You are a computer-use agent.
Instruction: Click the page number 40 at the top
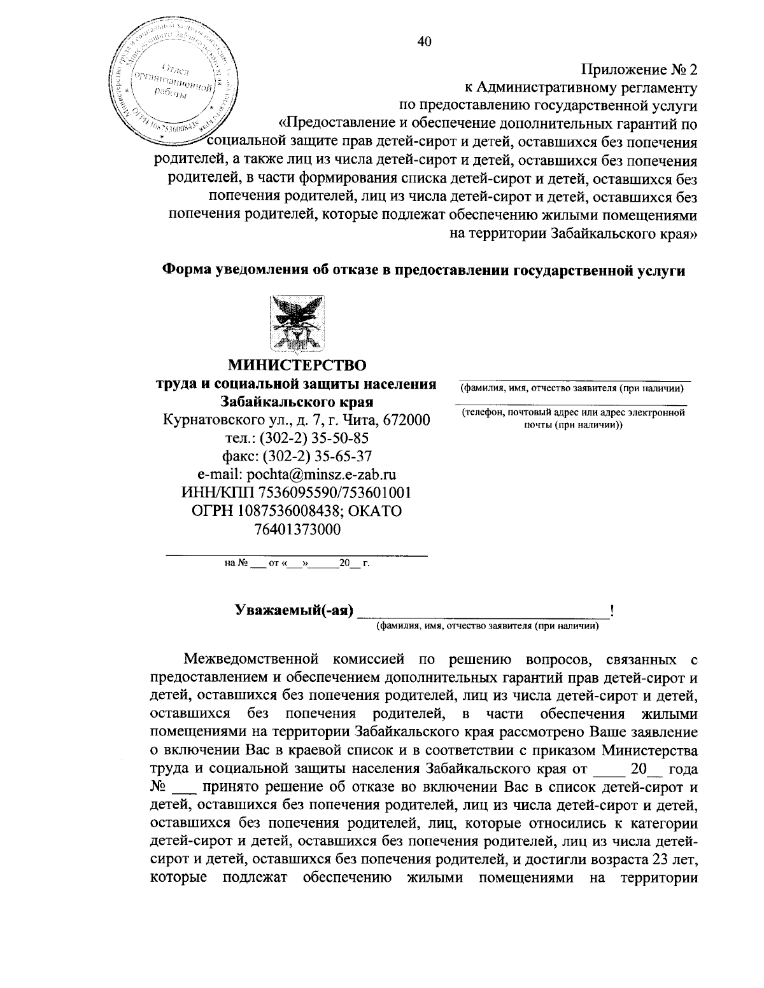424,41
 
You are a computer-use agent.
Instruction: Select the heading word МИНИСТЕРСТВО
297,365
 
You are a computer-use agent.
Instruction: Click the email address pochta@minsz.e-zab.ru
297,474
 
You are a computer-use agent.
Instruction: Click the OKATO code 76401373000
297,529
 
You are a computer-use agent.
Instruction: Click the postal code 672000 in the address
406,420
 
